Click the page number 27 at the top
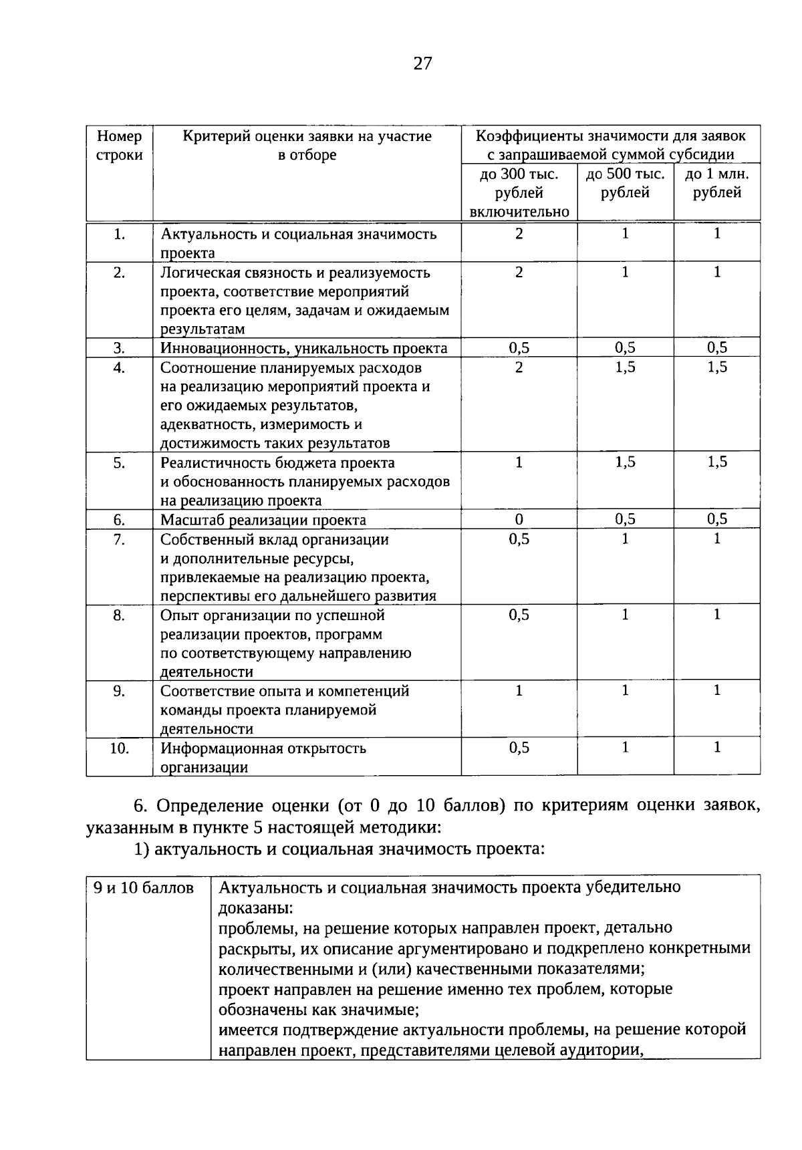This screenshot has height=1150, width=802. pos(422,63)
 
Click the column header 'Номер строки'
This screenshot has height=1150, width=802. pos(119,146)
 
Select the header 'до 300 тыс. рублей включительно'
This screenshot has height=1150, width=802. pos(519,193)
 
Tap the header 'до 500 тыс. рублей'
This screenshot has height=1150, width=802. pos(625,184)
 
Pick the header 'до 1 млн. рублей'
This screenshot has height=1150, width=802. pos(716,184)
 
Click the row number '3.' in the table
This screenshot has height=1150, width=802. pos(119,347)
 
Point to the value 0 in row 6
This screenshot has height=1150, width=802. pos(519,520)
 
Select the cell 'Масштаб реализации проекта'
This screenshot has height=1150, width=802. pos(263,520)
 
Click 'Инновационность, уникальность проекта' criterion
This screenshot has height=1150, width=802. pos(303,347)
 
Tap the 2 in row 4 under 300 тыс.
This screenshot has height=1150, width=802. pos(519,367)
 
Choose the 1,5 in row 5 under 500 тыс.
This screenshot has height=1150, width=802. pos(625,462)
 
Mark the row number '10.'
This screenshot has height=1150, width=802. pos(119,748)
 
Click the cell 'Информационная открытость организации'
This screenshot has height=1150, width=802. pos(263,757)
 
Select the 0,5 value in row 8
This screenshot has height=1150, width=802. pos(519,615)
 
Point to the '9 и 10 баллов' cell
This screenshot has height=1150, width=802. pos(144,887)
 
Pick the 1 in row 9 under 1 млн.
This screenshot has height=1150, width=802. pos(716,690)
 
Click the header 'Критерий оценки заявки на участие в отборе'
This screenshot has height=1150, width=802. pos(307,146)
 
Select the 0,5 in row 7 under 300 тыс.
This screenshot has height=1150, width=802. pos(519,539)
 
